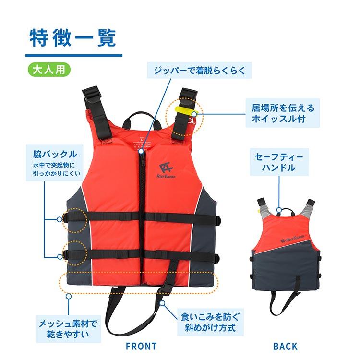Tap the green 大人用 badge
(x=49, y=68)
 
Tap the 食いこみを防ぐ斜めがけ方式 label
(x=209, y=324)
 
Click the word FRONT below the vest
(x=141, y=346)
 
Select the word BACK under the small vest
(x=285, y=346)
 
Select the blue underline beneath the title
(x=74, y=54)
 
